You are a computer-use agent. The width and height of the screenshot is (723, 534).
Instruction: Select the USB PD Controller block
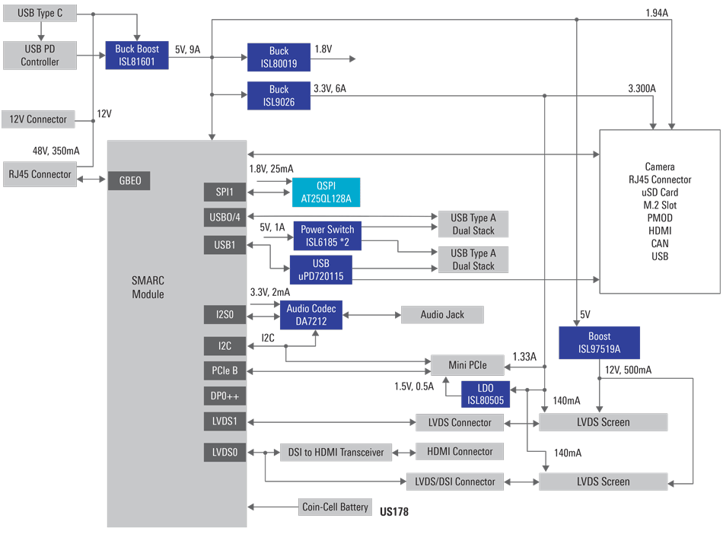(40, 55)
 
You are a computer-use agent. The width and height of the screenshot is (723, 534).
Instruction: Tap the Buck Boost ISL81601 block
(136, 55)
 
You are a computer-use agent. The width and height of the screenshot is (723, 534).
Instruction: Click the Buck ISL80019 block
(279, 57)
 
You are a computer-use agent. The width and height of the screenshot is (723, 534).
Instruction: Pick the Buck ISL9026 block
(279, 95)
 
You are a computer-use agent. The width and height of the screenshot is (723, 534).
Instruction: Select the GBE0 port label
(129, 181)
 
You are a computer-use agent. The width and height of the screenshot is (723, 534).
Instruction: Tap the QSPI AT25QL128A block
(326, 192)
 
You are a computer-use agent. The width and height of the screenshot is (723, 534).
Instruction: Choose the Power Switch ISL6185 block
(326, 236)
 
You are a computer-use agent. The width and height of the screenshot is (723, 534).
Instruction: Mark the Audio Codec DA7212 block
(311, 315)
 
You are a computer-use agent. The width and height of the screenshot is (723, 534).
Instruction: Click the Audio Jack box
(441, 314)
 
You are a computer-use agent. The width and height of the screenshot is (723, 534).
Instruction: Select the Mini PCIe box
(467, 365)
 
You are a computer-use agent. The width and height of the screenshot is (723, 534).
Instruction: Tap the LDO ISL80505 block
(485, 394)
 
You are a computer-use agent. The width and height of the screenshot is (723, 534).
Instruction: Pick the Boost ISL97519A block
(600, 342)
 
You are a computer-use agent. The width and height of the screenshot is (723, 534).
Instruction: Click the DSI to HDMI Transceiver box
(336, 452)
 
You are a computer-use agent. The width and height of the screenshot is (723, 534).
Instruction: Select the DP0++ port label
(225, 396)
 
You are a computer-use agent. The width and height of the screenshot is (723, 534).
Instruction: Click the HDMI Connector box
(460, 451)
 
